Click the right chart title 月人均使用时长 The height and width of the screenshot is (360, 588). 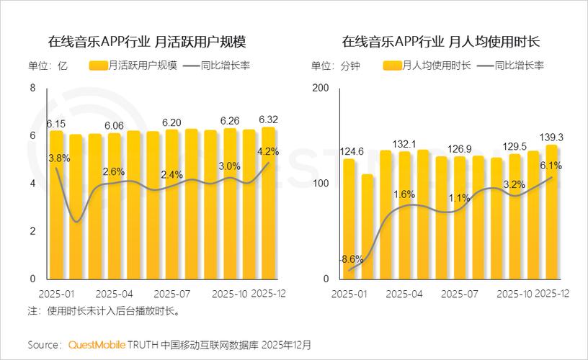click(441, 40)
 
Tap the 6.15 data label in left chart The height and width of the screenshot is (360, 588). click(56, 124)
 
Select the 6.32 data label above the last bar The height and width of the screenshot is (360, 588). click(269, 119)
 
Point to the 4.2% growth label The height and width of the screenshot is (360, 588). click(268, 152)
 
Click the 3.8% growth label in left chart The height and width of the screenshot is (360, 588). click(58, 158)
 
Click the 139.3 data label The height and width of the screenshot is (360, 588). click(550, 136)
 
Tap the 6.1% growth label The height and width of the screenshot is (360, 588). click(550, 165)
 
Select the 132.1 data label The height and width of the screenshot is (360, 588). click(404, 145)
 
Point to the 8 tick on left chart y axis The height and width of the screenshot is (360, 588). click(32, 89)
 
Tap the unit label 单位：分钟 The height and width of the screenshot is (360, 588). click(336, 66)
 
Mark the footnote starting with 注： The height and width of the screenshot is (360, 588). click(103, 311)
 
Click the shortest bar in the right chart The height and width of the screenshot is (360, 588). click(367, 226)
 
